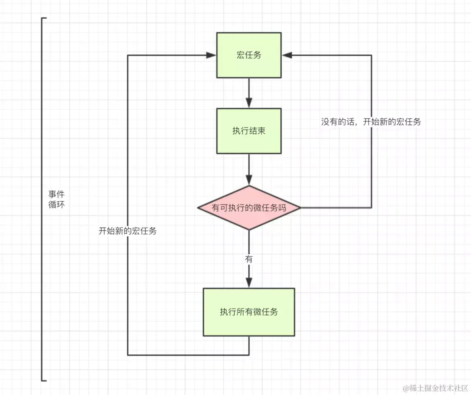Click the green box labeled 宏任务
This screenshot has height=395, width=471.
(x=249, y=55)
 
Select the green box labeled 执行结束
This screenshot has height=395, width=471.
(x=249, y=131)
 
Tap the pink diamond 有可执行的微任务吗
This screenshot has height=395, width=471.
(x=249, y=208)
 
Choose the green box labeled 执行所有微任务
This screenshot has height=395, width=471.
(x=249, y=312)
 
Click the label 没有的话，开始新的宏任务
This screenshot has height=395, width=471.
(x=371, y=122)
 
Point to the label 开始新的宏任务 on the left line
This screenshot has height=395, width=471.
(x=128, y=231)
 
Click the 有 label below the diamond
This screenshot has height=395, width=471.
(x=249, y=259)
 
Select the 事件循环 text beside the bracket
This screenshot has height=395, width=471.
(x=56, y=199)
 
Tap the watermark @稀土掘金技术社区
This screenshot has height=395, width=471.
(x=435, y=388)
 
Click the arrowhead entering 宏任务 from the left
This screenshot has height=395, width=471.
(x=211, y=55)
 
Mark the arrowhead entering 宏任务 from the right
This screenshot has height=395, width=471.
(x=287, y=55)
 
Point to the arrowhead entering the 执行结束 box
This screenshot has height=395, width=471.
(x=249, y=103)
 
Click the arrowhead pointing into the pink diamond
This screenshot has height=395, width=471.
(x=249, y=179)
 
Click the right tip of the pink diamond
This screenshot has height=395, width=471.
(x=301, y=208)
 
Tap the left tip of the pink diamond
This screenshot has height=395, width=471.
(x=197, y=208)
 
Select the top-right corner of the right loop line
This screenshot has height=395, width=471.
(x=372, y=55)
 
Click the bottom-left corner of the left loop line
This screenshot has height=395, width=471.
(x=128, y=355)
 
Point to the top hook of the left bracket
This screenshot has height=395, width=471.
(x=44, y=18)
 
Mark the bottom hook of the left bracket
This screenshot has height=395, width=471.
(x=44, y=381)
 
